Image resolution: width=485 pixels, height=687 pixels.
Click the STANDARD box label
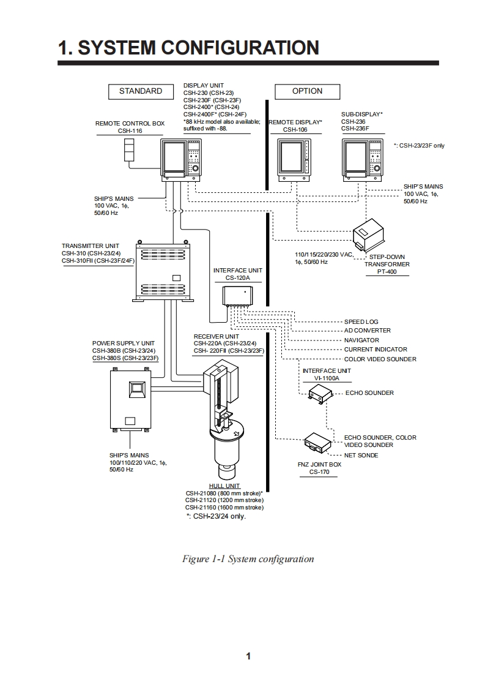point(141,91)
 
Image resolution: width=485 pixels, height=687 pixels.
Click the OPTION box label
point(307,91)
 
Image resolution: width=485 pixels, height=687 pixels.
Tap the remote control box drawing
point(128,149)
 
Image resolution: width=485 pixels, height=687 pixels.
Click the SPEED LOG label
point(361,321)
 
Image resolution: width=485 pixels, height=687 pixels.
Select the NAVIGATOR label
point(361,340)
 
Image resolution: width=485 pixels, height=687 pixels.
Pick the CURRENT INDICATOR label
point(376,350)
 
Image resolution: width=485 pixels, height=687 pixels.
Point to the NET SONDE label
point(361,456)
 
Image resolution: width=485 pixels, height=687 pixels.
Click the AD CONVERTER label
point(367,331)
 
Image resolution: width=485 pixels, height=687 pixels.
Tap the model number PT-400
point(387,272)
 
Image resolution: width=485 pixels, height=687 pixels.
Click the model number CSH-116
point(130,131)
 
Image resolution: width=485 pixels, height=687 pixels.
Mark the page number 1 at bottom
point(248,656)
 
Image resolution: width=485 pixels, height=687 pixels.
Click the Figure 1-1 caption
point(248,558)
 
